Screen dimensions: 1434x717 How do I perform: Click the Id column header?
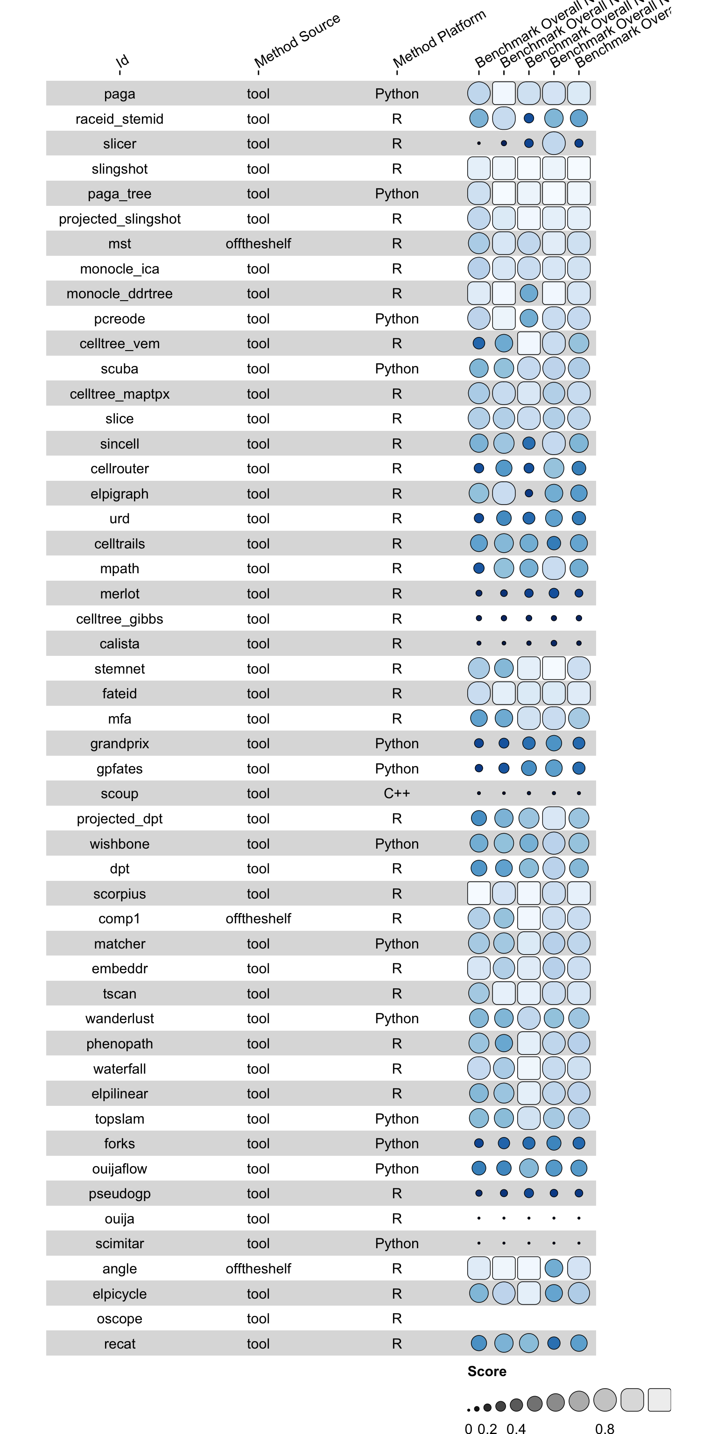(x=122, y=61)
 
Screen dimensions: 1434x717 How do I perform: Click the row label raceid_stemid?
(x=119, y=119)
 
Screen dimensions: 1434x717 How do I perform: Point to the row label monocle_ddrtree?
(x=119, y=293)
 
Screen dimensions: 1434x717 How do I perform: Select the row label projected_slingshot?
(x=119, y=219)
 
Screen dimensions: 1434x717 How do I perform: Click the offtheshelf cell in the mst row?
(x=258, y=243)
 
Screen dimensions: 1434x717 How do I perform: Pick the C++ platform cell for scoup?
(x=396, y=793)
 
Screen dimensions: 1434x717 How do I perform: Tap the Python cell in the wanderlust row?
(x=396, y=1018)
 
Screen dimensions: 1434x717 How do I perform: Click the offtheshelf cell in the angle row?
(x=258, y=1269)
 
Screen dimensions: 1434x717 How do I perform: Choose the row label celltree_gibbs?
(x=119, y=619)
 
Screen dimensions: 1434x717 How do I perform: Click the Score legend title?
(x=486, y=1371)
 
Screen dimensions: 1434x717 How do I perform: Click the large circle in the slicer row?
(x=554, y=143)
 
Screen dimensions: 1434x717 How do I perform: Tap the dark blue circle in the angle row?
(x=554, y=1268)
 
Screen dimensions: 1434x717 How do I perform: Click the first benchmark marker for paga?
(x=479, y=93)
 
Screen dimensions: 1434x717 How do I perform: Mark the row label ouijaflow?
(x=119, y=1168)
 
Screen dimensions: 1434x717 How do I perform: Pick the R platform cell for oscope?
(x=396, y=1318)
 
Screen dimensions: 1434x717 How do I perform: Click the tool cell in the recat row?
(x=258, y=1344)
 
